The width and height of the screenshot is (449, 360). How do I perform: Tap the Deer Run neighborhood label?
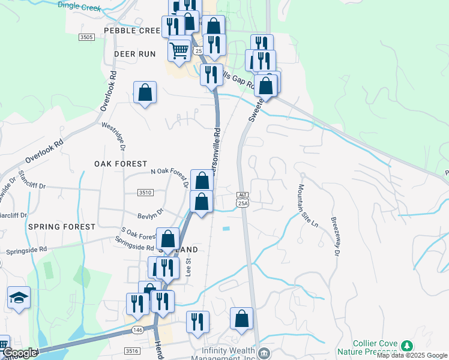point(134,54)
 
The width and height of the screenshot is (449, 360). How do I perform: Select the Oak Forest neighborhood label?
point(120,164)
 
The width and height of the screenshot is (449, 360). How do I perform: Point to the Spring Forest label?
point(61,227)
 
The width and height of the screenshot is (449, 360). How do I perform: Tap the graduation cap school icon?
point(19,298)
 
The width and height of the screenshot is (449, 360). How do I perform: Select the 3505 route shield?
point(86,37)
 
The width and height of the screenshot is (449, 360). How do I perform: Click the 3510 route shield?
point(145,193)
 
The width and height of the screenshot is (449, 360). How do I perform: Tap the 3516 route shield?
point(133,351)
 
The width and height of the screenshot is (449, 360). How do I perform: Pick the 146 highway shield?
point(138,330)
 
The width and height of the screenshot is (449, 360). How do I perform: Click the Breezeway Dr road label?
point(334,236)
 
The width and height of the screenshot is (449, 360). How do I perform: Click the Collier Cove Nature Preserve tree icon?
point(408,346)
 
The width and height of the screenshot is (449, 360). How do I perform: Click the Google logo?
point(20,353)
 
